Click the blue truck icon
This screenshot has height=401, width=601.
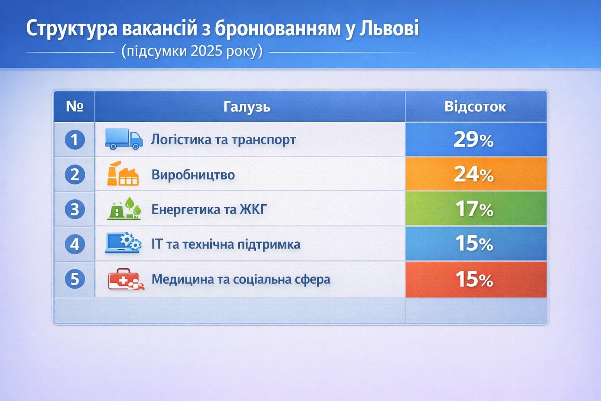[124, 139]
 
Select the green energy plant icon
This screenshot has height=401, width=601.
[124, 209]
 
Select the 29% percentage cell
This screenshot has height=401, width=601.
[475, 139]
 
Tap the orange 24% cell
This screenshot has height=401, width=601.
[475, 174]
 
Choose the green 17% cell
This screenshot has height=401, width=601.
[475, 208]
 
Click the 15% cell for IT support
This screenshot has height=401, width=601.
[475, 243]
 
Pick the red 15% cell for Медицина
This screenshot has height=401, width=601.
[475, 279]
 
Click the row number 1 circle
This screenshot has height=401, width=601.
[75, 140]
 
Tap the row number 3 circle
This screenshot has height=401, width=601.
[75, 210]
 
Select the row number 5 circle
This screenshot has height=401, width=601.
[75, 279]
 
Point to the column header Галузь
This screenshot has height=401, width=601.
[247, 107]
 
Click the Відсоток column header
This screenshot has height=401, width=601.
[475, 107]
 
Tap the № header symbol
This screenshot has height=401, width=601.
[74, 106]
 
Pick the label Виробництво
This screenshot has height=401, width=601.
[193, 175]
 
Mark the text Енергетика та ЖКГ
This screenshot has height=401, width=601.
[209, 210]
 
